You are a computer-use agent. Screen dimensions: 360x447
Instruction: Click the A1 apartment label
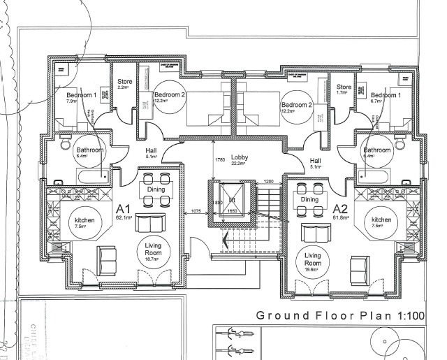click(x=124, y=210)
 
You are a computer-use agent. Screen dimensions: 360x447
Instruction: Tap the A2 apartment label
click(x=341, y=209)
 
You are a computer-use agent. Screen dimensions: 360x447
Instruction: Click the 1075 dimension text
click(x=196, y=210)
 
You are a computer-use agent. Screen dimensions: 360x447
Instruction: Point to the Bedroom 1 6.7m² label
click(x=386, y=96)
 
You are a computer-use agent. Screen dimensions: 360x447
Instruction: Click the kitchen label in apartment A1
click(x=84, y=222)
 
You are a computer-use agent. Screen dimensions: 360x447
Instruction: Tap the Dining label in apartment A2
click(x=309, y=199)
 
